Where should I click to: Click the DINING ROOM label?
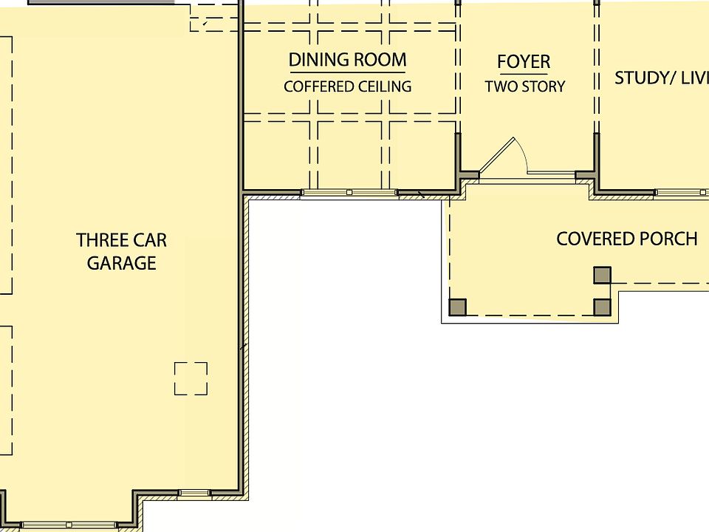click(x=347, y=60)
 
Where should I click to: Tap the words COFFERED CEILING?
click(x=347, y=86)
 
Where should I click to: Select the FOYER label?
click(x=524, y=61)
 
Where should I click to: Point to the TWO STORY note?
click(x=524, y=86)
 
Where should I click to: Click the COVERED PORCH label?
click(x=626, y=239)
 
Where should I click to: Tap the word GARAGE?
click(x=121, y=263)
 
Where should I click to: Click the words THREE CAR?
click(x=121, y=240)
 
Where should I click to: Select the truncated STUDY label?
click(x=661, y=78)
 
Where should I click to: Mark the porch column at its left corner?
click(x=458, y=307)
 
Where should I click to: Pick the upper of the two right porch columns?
click(x=603, y=276)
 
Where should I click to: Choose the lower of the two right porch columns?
click(x=603, y=307)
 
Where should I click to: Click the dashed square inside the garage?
click(x=191, y=378)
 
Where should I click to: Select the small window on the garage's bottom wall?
click(x=194, y=493)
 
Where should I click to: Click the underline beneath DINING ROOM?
click(x=347, y=72)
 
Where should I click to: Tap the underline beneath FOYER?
click(x=524, y=74)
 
